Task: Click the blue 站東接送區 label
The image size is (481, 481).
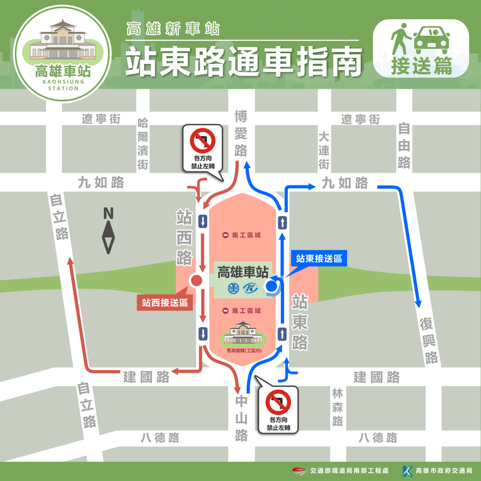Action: [318, 258]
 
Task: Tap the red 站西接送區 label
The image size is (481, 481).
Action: [165, 301]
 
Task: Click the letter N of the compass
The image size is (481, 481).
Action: [108, 214]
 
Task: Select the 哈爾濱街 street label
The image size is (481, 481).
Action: [142, 144]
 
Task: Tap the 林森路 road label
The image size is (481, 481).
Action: [338, 407]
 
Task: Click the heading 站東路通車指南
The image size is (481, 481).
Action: [243, 62]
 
